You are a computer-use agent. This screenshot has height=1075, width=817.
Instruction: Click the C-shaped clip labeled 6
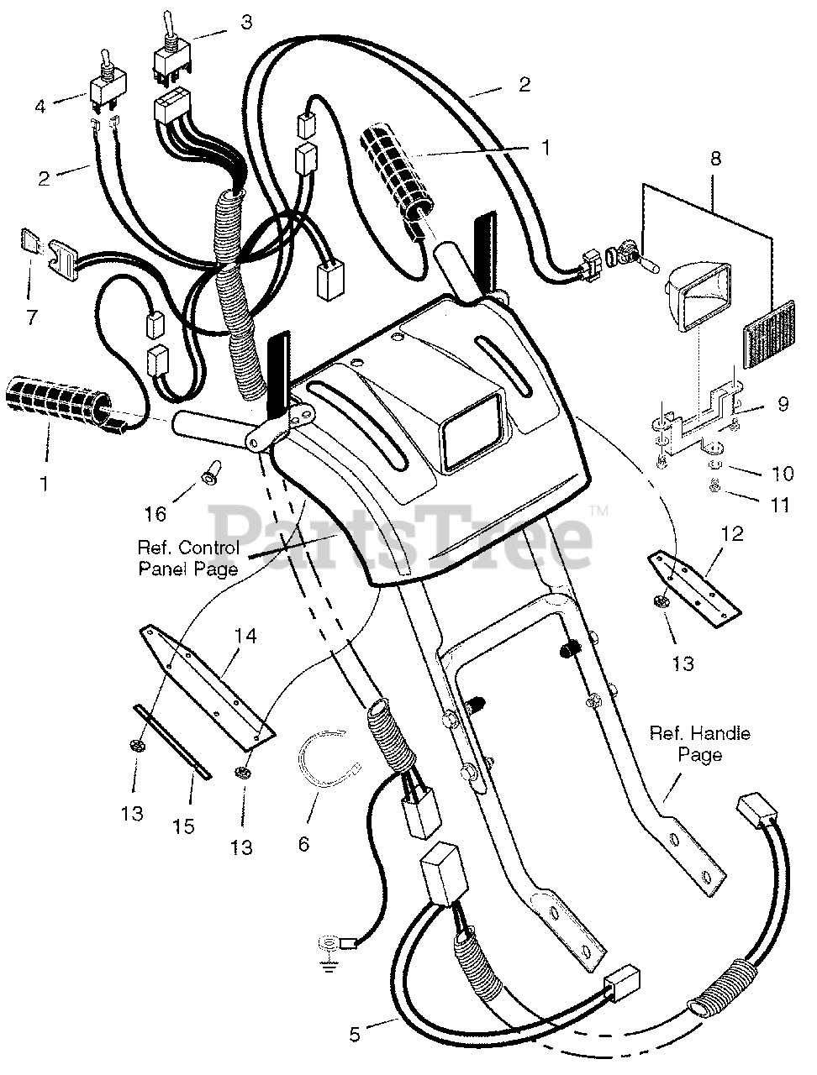tap(329, 758)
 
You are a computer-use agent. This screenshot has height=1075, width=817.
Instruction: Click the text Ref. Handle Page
tap(699, 744)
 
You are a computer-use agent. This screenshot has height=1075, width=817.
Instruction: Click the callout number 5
tap(355, 1034)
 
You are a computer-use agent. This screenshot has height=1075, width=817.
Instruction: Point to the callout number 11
tap(783, 505)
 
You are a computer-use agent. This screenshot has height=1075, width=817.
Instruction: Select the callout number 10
tap(783, 474)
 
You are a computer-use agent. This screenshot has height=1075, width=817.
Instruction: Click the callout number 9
tap(783, 403)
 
